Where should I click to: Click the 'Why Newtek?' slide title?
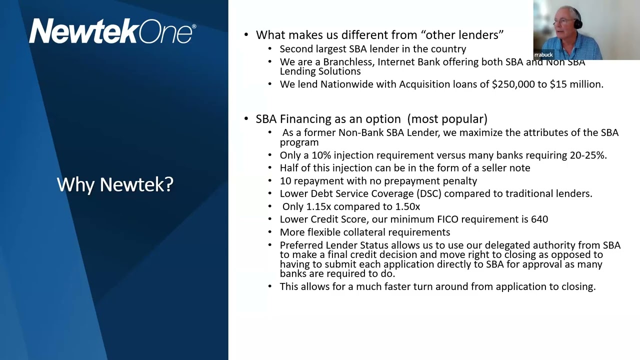point(115,184)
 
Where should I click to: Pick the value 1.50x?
point(406,206)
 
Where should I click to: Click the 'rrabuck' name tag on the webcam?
point(543,54)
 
